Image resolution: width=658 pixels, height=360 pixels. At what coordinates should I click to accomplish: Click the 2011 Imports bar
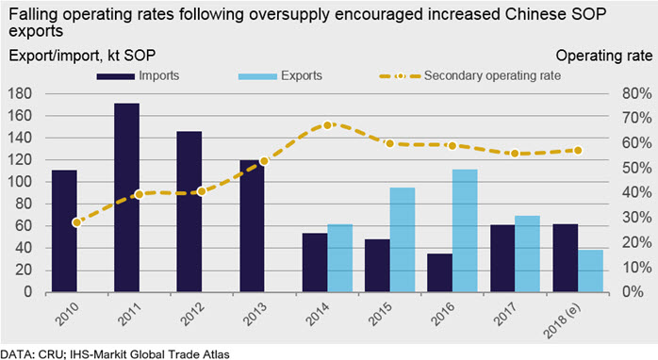pos(126,197)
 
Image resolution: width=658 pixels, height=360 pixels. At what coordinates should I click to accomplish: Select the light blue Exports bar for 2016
pos(465,230)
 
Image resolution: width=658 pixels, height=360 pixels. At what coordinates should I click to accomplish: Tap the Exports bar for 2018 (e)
pos(590,270)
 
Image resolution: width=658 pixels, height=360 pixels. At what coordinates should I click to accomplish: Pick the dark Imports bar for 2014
pos(315,262)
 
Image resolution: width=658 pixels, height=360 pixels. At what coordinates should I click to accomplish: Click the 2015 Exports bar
pos(403,239)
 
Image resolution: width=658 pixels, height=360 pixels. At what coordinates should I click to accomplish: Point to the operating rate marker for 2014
pos(328,125)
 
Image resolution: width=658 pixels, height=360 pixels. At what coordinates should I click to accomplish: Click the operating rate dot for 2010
pos(76,222)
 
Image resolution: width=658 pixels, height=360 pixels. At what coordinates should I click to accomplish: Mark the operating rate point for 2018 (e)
pos(578,150)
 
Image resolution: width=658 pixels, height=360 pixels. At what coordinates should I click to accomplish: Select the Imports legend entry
pos(138,76)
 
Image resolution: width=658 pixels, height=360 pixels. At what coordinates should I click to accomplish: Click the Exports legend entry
pos(280,76)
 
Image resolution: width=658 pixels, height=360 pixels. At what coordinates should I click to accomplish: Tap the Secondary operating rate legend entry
pos(470,76)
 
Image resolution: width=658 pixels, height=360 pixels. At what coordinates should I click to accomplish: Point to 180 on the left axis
pos(20,93)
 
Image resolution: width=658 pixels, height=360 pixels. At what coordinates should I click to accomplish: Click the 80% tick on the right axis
pos(637,93)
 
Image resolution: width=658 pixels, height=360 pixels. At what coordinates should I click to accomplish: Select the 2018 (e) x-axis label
pos(563,321)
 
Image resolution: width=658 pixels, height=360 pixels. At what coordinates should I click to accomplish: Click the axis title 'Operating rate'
pos(604,56)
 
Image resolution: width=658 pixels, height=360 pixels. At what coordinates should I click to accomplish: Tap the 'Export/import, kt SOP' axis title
pos(82,56)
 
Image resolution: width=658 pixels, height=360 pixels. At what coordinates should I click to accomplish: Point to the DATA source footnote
pos(115,354)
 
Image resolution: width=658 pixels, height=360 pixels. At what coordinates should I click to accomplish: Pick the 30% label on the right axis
pos(637,218)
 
